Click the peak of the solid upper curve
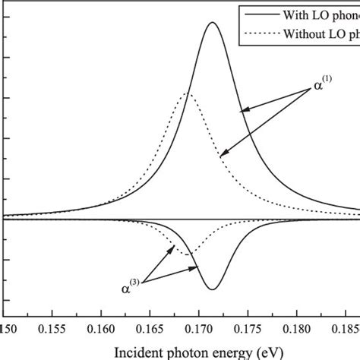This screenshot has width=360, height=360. point(212,22)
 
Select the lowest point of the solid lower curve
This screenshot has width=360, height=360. point(212,290)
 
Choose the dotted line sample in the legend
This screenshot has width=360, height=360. point(257,33)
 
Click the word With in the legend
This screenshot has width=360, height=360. point(295,14)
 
